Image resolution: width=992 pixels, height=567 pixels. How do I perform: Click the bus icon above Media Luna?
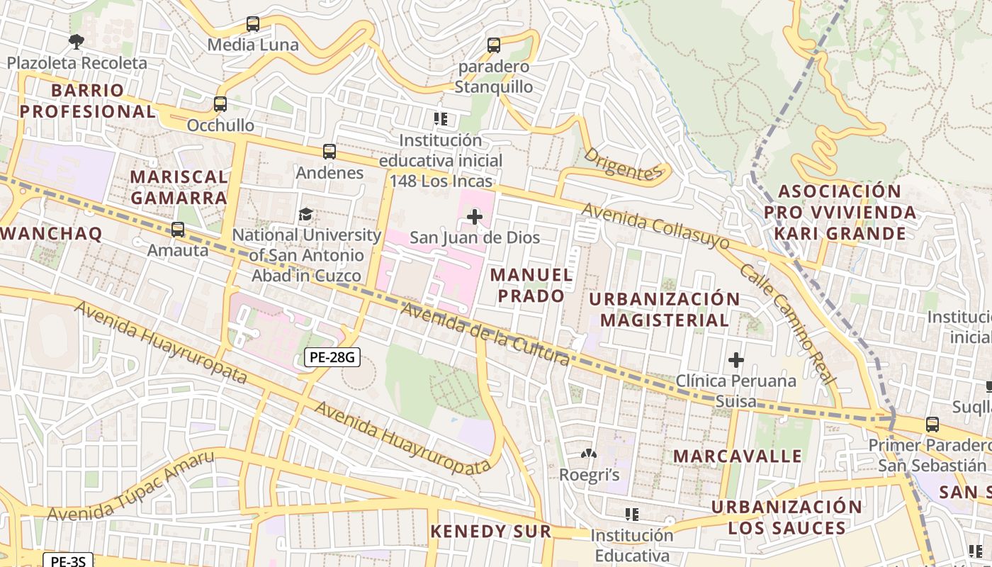(253, 24)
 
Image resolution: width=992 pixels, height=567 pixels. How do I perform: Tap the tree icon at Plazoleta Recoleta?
(77, 42)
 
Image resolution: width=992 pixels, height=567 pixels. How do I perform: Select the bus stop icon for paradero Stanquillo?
(494, 45)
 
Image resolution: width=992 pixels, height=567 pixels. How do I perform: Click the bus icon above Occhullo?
(220, 104)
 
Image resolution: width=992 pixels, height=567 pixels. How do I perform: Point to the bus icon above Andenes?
(329, 151)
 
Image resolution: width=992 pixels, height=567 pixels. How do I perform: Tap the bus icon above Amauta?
(178, 230)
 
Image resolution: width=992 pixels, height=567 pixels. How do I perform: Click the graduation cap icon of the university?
(306, 214)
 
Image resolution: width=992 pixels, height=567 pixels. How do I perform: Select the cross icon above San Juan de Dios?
(475, 217)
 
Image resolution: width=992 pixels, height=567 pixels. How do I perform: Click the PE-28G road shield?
(332, 357)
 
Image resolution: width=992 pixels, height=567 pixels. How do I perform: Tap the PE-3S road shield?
(68, 561)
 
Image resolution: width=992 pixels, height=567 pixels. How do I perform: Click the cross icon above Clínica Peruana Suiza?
(736, 360)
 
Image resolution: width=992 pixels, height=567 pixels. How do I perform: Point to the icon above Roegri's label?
(589, 454)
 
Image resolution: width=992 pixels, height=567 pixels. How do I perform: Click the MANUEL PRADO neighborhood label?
(531, 285)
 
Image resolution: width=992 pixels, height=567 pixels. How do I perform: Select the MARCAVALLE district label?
(737, 456)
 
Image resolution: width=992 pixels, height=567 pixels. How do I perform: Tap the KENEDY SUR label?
(490, 531)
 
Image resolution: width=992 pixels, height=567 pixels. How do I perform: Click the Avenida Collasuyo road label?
(655, 225)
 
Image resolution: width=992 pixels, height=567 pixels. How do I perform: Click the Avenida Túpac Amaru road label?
(130, 487)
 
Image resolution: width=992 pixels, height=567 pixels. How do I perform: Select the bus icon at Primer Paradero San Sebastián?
(932, 425)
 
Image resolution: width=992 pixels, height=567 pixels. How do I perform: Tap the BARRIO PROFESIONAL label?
(87, 101)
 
